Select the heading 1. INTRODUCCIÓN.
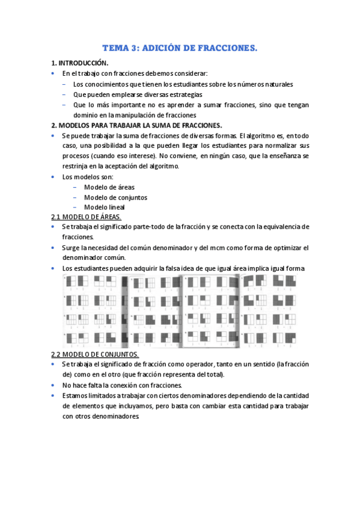(80, 63)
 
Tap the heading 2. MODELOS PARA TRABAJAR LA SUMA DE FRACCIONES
(136, 125)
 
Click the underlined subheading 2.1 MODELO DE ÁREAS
(86, 217)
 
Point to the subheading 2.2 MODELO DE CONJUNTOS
(95, 354)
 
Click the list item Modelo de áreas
(109, 187)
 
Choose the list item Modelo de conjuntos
(116, 197)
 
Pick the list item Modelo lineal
(105, 207)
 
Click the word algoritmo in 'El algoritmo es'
(260, 135)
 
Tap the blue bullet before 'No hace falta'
(53, 385)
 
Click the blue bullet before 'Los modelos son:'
(53, 177)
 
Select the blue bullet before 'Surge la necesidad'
(53, 248)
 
